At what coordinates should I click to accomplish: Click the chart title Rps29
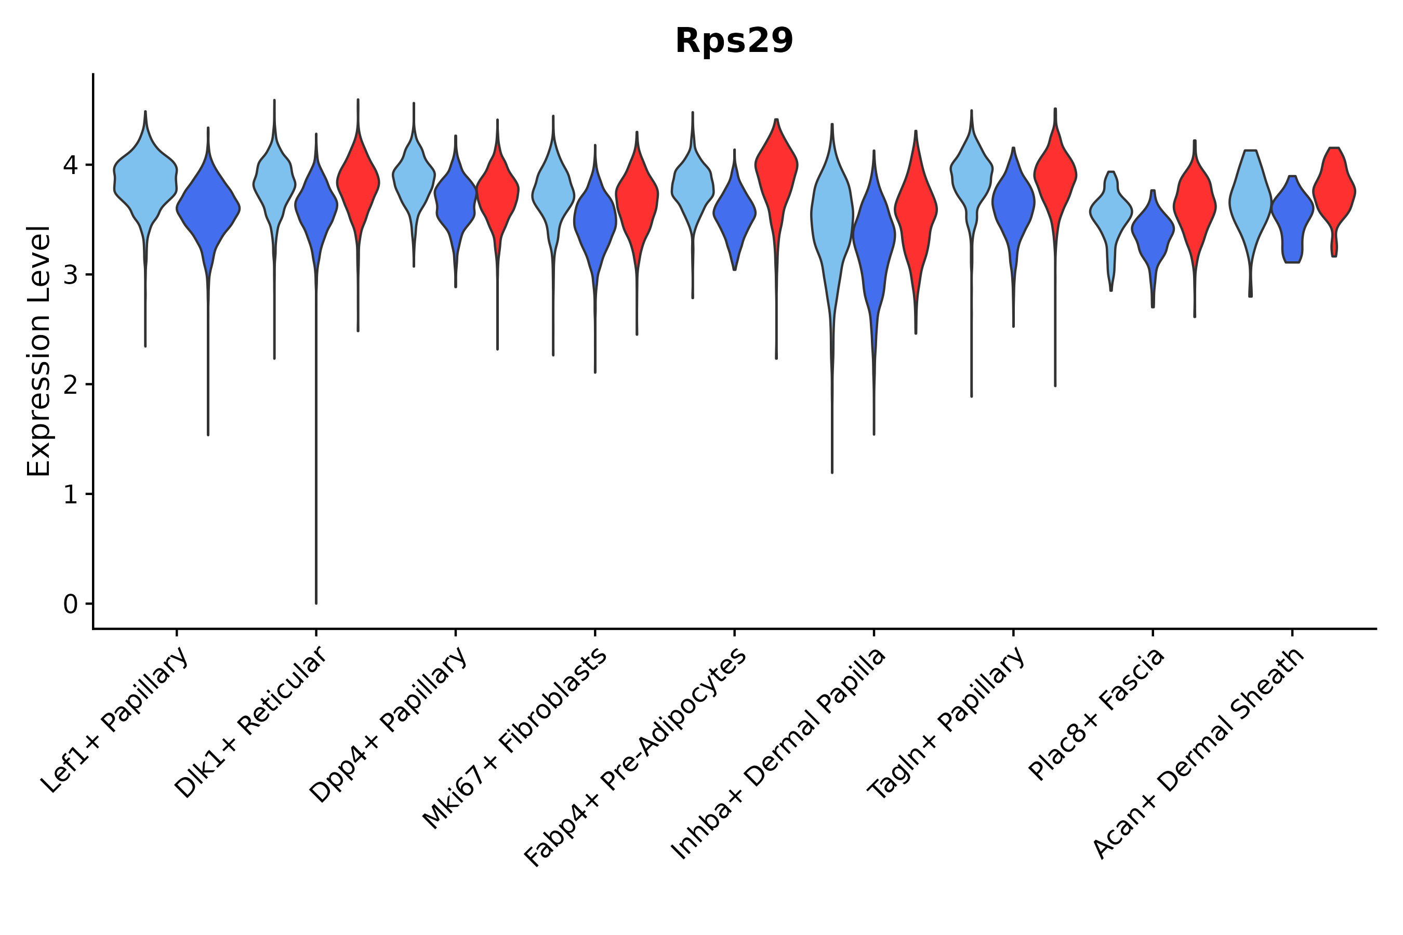(x=734, y=41)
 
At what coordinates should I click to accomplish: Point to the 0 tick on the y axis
(x=70, y=605)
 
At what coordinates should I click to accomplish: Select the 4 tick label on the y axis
(x=70, y=165)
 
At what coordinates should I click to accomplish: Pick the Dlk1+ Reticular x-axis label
(x=251, y=722)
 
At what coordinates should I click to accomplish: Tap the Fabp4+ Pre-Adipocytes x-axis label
(x=636, y=757)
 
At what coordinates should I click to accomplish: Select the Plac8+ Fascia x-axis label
(x=1096, y=714)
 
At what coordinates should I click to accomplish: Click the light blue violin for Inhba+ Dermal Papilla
(x=831, y=221)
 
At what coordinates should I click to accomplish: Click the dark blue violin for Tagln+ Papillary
(x=1013, y=203)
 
